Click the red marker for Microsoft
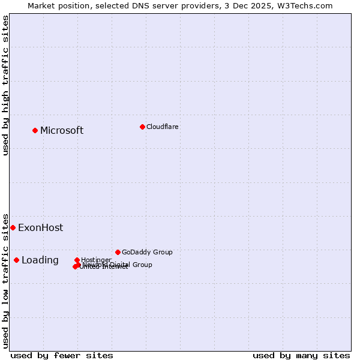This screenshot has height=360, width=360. [35, 130]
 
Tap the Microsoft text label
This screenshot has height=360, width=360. [62, 131]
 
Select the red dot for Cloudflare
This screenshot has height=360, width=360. [142, 127]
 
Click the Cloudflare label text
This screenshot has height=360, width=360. [162, 127]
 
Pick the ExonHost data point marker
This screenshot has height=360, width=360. [13, 227]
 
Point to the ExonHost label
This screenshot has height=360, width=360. [40, 228]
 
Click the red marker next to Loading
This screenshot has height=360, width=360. [17, 260]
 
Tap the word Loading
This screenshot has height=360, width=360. [40, 260]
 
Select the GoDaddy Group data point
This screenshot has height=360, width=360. [118, 252]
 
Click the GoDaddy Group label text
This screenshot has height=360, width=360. [147, 253]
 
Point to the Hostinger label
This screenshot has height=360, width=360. [96, 260]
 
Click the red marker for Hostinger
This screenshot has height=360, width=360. [77, 260]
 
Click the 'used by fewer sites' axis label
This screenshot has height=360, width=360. [62, 355]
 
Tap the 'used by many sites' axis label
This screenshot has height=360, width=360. [301, 355]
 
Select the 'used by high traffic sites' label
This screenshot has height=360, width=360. [5, 85]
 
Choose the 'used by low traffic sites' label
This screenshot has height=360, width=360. [5, 280]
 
